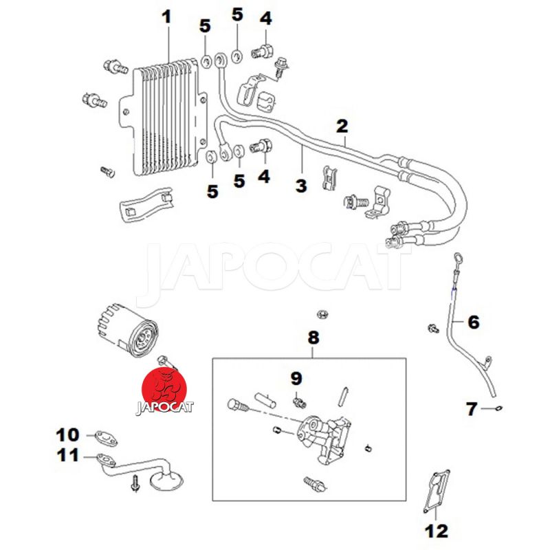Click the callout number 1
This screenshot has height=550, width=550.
[x=166, y=16]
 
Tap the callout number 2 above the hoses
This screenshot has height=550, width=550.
[x=342, y=126]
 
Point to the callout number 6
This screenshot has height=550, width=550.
[x=474, y=321]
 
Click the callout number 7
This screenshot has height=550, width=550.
[x=472, y=410]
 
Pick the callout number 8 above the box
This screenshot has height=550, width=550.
[x=313, y=338]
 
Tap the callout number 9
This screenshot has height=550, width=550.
[x=296, y=377]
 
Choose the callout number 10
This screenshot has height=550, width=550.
[x=68, y=434]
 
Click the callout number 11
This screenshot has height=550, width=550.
[x=68, y=454]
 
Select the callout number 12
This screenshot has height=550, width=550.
[x=436, y=531]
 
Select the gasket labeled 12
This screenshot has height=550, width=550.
[x=435, y=491]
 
